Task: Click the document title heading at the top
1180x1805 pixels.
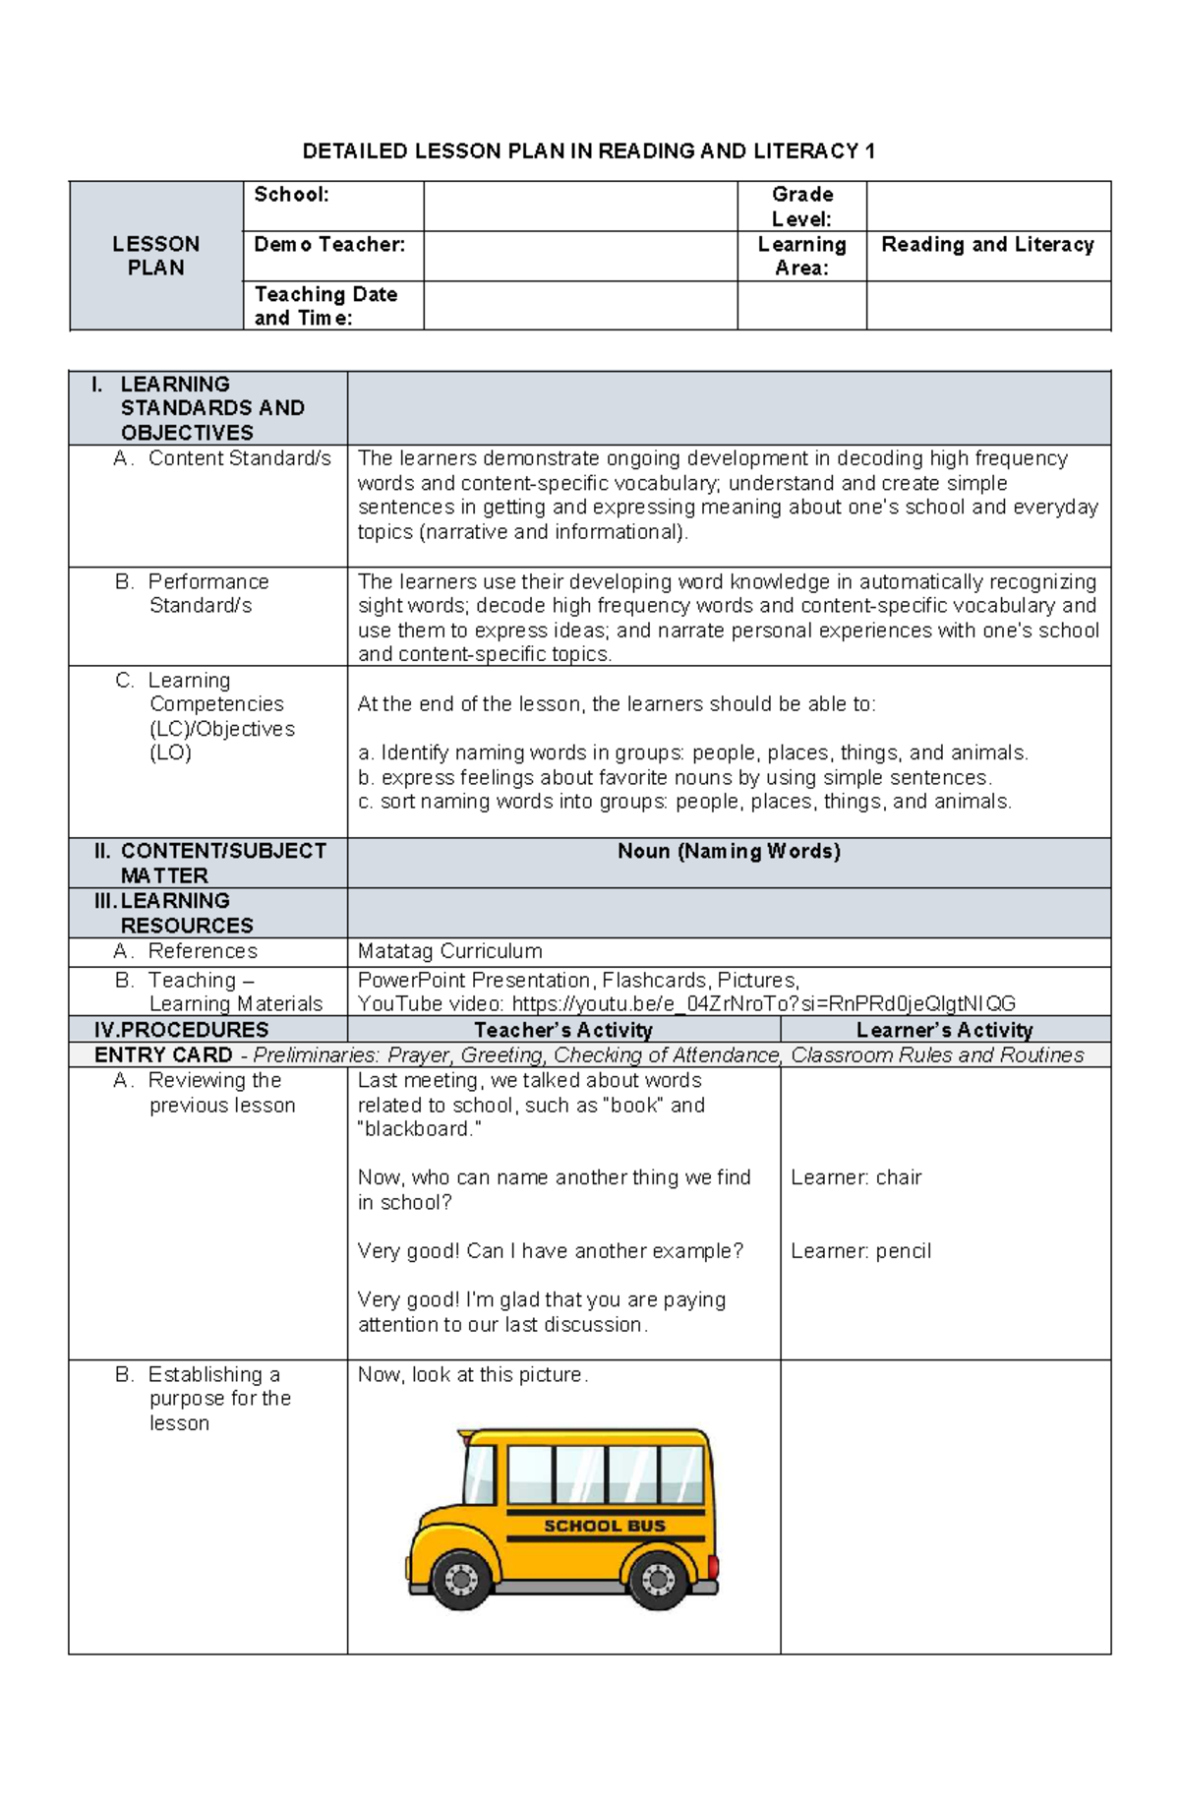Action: point(588,150)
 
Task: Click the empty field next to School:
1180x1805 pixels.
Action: point(580,207)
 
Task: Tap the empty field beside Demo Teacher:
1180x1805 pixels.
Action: point(580,256)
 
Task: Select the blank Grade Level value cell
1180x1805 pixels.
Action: point(988,207)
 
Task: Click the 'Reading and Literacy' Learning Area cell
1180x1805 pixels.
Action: point(987,245)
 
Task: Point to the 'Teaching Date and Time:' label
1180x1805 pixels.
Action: point(325,306)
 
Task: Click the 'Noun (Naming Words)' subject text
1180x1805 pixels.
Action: point(729,852)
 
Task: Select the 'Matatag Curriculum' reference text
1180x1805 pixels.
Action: point(449,951)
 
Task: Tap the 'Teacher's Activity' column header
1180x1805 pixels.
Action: point(563,1030)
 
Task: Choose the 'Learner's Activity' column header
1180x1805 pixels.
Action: point(944,1030)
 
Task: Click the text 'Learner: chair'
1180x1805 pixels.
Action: point(855,1177)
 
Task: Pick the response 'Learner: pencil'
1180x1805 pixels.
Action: point(860,1251)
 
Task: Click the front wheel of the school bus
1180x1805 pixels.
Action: point(460,1579)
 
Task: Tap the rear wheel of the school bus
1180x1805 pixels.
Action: point(657,1580)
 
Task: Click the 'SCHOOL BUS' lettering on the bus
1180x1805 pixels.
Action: point(605,1526)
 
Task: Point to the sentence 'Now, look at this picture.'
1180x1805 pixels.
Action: point(473,1375)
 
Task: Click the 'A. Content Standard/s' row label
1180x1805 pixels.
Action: point(222,458)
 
